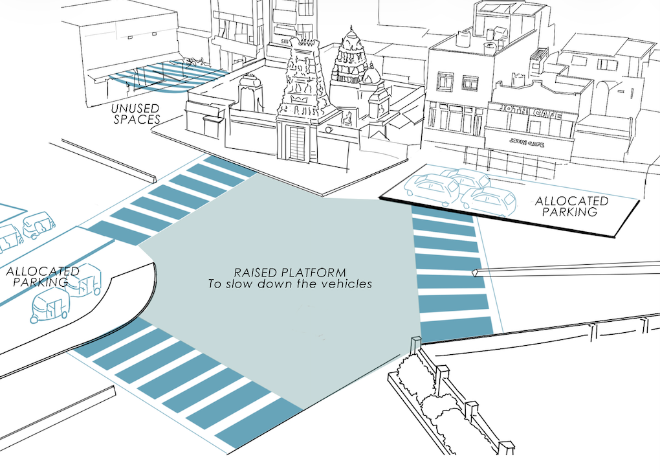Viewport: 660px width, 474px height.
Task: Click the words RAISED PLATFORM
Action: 290,272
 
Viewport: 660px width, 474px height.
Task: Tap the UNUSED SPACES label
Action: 135,113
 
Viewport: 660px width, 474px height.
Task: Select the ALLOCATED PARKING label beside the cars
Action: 571,206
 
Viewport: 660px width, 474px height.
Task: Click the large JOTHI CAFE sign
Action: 525,115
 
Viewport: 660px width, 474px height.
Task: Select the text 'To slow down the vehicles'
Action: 290,284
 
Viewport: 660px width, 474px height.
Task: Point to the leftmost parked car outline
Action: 424,188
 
